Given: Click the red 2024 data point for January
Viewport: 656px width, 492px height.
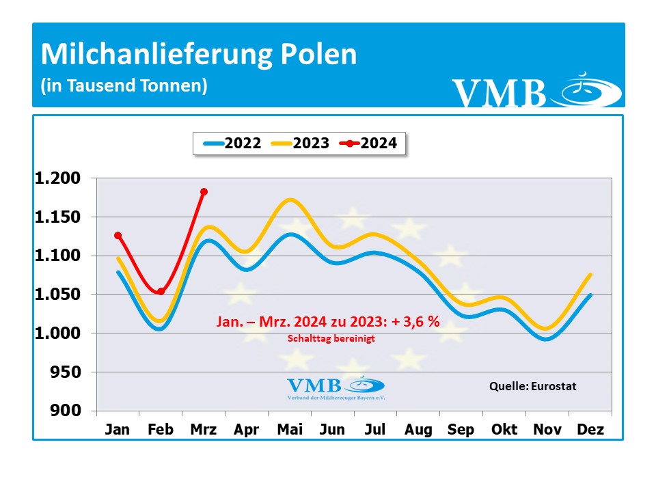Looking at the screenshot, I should tap(118, 236).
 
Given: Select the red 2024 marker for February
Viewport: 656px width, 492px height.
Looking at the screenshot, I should tap(161, 292).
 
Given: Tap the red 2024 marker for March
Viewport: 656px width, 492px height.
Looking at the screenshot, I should tap(204, 192).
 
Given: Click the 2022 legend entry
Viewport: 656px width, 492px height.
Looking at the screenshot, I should tap(232, 143).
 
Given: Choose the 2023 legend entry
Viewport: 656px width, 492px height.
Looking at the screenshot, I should tap(301, 143).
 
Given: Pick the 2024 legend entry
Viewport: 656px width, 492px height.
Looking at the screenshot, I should tap(369, 143).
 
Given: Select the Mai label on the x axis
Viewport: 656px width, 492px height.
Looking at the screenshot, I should tap(290, 430).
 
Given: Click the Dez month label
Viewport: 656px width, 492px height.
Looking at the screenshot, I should tap(590, 430).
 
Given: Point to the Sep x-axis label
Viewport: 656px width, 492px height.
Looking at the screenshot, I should tap(461, 430).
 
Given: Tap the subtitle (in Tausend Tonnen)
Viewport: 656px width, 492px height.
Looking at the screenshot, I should tap(124, 87).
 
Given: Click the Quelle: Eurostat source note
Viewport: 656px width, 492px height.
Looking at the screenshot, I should tap(533, 386).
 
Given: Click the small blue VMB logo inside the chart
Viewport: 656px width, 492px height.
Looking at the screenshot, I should tap(335, 387).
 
